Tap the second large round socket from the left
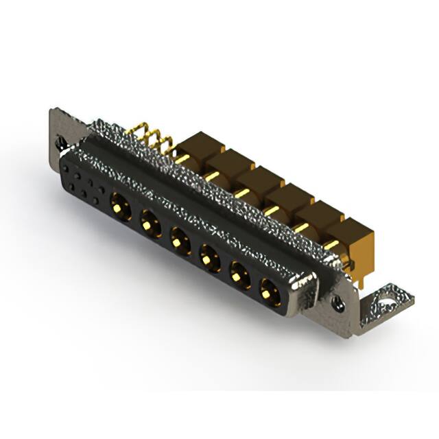(149, 222)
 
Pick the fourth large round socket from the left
(209, 259)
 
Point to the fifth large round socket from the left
(239, 276)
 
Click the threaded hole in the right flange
(337, 299)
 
